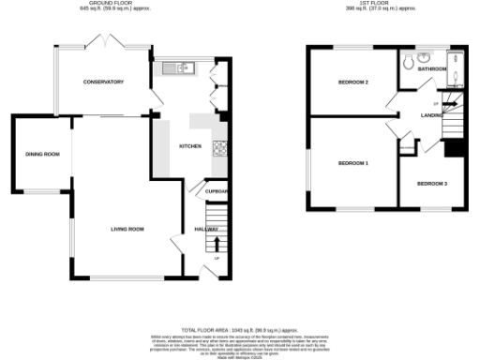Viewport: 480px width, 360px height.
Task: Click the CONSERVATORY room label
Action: tap(102, 82)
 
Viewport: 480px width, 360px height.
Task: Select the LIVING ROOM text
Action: tap(127, 229)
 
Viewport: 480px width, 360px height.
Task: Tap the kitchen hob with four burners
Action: tap(221, 147)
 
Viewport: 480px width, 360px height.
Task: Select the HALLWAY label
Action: tap(206, 229)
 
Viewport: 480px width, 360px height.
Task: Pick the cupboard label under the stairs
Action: tap(217, 191)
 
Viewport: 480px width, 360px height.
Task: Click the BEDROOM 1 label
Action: tap(352, 163)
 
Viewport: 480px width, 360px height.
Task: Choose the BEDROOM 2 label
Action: tap(352, 82)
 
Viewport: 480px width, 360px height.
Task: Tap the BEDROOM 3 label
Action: tap(431, 182)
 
